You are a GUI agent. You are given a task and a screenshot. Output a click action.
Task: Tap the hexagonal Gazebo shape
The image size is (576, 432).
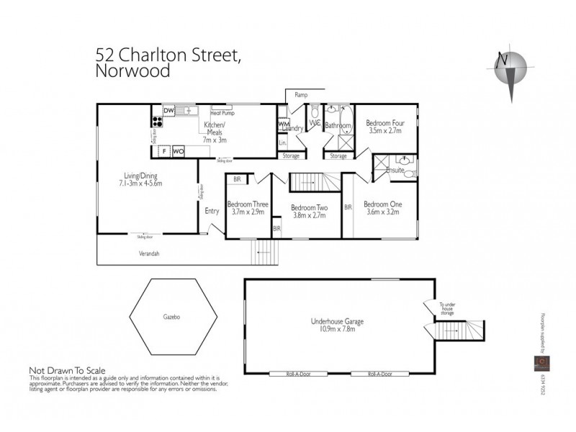(166, 316)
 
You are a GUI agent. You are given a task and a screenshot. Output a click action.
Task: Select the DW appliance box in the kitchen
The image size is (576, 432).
(168, 110)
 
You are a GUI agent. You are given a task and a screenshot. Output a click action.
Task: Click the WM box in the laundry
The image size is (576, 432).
(283, 124)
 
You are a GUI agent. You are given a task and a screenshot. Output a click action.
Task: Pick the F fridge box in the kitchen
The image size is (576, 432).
(164, 151)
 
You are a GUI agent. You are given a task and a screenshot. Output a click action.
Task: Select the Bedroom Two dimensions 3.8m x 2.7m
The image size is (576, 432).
(309, 215)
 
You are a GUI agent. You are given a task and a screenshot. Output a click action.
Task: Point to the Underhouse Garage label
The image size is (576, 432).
(336, 322)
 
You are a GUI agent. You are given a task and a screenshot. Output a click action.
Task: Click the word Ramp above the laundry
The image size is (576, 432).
(302, 95)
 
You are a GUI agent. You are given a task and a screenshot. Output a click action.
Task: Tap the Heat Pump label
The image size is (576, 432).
(222, 113)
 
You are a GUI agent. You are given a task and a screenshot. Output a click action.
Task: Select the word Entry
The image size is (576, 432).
(212, 211)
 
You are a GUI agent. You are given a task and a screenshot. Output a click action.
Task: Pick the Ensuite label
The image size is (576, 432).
(395, 171)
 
